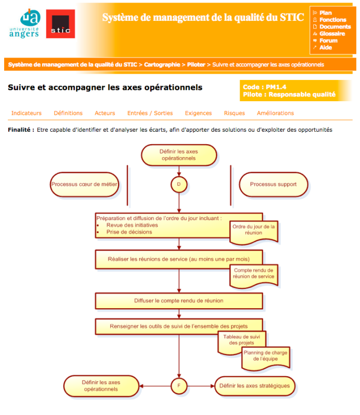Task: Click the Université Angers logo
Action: pos(24,23)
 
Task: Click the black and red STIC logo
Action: pos(60,24)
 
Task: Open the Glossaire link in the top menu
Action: pos(332,34)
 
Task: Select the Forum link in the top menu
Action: pos(328,40)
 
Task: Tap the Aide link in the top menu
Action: pos(326,47)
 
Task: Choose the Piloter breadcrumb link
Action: pos(196,65)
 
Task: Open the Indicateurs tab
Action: pos(26,113)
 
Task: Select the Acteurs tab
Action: pos(105,113)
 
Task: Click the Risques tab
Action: pos(234,113)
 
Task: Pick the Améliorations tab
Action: pos(275,113)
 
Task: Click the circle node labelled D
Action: pos(179,184)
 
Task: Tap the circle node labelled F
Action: pos(179,385)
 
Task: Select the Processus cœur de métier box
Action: pos(85,184)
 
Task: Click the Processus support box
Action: pos(273,184)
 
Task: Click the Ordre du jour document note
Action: pos(254,230)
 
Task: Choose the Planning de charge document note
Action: pos(265,356)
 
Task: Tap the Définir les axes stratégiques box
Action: pos(255,386)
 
